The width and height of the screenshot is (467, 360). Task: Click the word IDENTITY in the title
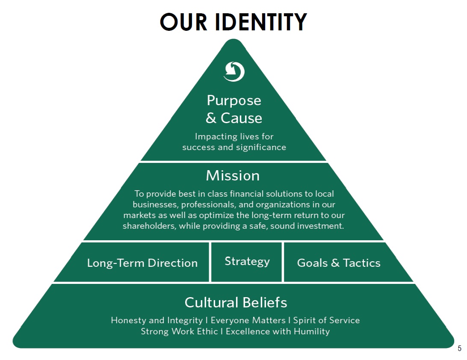point(260,22)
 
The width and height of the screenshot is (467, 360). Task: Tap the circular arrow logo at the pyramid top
point(234,71)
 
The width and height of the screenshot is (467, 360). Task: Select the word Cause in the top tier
point(242,118)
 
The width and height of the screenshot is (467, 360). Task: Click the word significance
point(261,148)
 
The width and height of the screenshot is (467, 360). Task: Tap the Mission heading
point(233,176)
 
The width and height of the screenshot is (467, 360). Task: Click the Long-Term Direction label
point(142,263)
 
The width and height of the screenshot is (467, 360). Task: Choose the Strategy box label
point(247,262)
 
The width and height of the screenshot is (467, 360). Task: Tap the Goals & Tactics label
point(339,263)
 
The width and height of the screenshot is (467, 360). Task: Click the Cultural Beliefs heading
point(236,303)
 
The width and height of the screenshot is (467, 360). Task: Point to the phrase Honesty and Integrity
point(157,321)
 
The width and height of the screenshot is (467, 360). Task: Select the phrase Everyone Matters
point(248,320)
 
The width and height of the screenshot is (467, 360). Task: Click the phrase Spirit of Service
point(326,321)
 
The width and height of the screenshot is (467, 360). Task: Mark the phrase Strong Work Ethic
point(179,331)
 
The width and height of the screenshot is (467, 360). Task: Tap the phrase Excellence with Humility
point(278,331)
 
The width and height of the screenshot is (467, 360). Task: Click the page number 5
point(460,348)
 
